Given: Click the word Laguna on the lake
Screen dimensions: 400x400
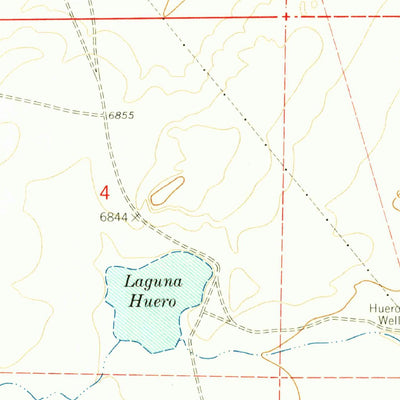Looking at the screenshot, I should coord(150,282).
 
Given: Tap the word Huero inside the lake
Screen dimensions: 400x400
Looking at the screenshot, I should coord(151,301).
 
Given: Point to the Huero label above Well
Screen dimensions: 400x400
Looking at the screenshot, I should coord(384,308).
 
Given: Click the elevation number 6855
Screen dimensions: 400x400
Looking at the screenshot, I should coord(120,117).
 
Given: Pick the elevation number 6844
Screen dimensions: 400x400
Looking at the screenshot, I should coord(114,215).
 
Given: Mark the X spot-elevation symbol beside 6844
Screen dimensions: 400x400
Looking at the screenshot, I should coord(137,214).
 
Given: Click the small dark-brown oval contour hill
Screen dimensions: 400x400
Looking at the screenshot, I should coord(168,188).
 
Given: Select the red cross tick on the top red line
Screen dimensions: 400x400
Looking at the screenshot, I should coord(285,17).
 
